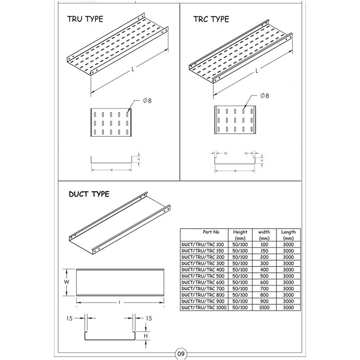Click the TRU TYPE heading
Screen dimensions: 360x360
pyautogui.click(x=85, y=19)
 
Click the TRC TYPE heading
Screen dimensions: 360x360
pyautogui.click(x=211, y=19)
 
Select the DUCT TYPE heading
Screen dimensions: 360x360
pyautogui.click(x=89, y=194)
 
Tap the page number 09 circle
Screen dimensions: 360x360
pyautogui.click(x=181, y=354)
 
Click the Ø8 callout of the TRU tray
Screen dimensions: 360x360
pyautogui.click(x=147, y=100)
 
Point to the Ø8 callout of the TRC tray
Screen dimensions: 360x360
pyautogui.click(x=265, y=95)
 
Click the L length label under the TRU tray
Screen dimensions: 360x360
pyautogui.click(x=133, y=69)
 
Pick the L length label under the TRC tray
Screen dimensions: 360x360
pyautogui.click(x=257, y=71)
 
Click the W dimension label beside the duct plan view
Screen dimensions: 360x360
pyautogui.click(x=67, y=282)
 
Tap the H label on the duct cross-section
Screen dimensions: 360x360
pyautogui.click(x=146, y=336)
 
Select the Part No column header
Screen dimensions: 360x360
pyautogui.click(x=211, y=232)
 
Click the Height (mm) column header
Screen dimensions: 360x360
pyautogui.click(x=240, y=235)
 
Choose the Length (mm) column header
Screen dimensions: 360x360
pyautogui.click(x=288, y=235)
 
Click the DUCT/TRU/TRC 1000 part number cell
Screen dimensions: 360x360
pyautogui.click(x=204, y=307)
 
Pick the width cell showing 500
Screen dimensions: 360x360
pyautogui.click(x=264, y=276)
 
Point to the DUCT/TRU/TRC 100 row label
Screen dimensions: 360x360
pyautogui.click(x=202, y=244)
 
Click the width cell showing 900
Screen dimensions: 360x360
pyautogui.click(x=264, y=301)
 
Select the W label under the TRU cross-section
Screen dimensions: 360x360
pyautogui.click(x=112, y=170)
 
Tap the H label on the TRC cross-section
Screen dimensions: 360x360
pyautogui.click(x=262, y=161)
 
